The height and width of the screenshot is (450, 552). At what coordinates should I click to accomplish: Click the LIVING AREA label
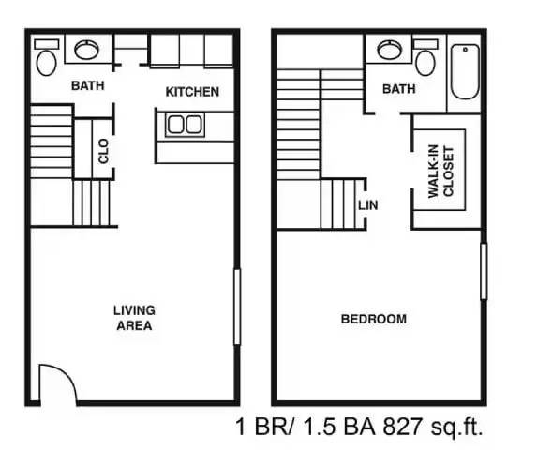click(134, 318)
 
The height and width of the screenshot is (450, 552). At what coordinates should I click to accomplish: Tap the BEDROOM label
click(373, 319)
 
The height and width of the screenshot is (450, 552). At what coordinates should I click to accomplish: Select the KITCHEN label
click(192, 92)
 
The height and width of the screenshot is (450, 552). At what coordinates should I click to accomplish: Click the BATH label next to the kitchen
click(88, 85)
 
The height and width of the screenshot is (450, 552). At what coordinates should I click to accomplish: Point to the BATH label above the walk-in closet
click(398, 89)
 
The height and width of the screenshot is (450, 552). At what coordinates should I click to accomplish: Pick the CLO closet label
click(103, 151)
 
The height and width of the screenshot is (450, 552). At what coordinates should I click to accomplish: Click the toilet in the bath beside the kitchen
click(45, 61)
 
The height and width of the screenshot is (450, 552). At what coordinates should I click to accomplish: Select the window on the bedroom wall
click(484, 272)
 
